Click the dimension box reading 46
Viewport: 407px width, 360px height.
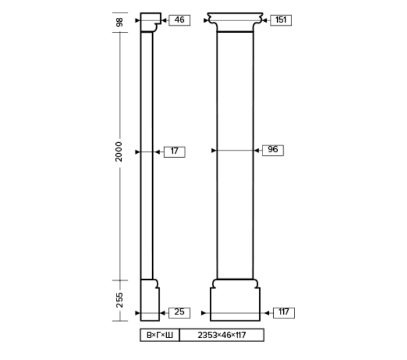click(180, 20)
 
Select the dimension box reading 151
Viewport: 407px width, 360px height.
click(281, 20)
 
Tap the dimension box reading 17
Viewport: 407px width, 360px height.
click(175, 152)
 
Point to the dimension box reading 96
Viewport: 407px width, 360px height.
click(273, 150)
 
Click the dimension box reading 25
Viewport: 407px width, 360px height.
click(180, 313)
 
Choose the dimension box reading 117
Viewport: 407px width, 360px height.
click(284, 313)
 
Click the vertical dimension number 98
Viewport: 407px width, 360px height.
click(119, 22)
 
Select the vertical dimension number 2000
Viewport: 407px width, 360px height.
click(118, 152)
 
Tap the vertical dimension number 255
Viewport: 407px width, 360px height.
click(119, 300)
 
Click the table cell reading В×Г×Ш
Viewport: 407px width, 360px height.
click(159, 335)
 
